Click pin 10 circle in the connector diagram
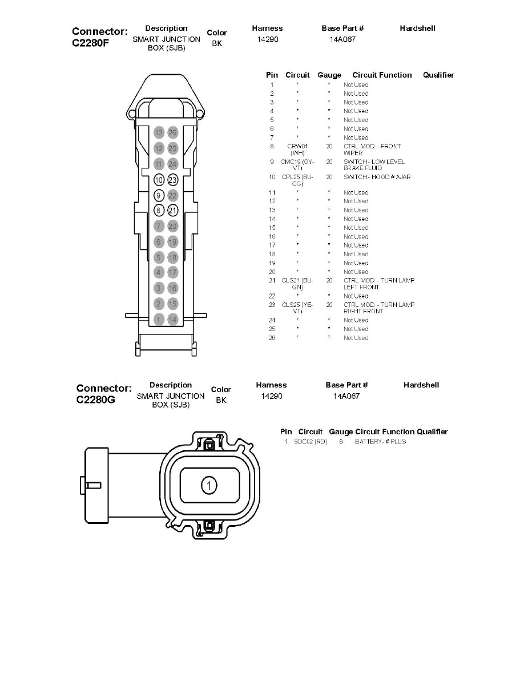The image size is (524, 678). (x=159, y=180)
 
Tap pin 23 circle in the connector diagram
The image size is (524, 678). (x=173, y=180)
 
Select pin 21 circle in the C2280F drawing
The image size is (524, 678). (x=173, y=211)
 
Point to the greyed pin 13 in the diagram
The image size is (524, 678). (x=159, y=133)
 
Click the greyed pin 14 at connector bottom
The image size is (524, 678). (x=173, y=319)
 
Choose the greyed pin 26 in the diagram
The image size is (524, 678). (x=173, y=133)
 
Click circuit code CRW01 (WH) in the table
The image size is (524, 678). (x=297, y=150)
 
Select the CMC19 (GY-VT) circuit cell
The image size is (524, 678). (x=297, y=165)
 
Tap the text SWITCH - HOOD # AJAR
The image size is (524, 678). (x=377, y=177)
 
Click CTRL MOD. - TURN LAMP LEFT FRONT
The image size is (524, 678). (x=378, y=284)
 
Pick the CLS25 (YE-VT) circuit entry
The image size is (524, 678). (x=297, y=308)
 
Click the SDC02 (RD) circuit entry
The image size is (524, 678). (x=310, y=442)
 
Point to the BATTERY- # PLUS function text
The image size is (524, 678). (x=380, y=442)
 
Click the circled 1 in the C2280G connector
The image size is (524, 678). (x=209, y=486)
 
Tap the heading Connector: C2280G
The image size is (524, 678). (x=103, y=394)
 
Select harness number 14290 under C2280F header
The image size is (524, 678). (x=268, y=39)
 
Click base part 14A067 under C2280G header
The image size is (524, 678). (x=346, y=396)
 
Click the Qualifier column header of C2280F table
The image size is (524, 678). (x=438, y=75)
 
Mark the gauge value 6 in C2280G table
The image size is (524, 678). (x=341, y=442)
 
